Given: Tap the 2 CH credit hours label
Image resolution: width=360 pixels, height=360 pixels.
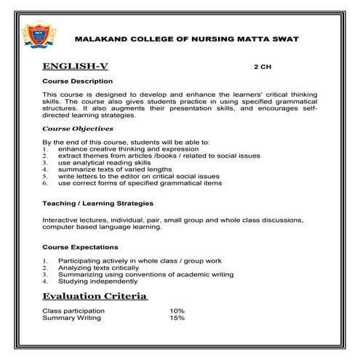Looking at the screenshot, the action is (x=262, y=65).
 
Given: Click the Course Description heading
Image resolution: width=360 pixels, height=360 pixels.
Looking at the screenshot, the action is (x=77, y=81).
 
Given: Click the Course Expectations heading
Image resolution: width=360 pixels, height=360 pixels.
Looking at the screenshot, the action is (x=79, y=247).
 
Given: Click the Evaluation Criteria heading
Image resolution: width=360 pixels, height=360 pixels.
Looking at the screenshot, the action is (x=95, y=297).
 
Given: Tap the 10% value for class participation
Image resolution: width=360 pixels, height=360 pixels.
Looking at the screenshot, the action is (x=177, y=311).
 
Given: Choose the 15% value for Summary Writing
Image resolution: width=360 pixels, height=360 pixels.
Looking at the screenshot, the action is (x=177, y=318).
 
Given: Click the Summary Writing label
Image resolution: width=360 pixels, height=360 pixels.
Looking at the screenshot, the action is (x=71, y=318).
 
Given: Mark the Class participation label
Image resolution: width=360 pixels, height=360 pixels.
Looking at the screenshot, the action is (x=73, y=311).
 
